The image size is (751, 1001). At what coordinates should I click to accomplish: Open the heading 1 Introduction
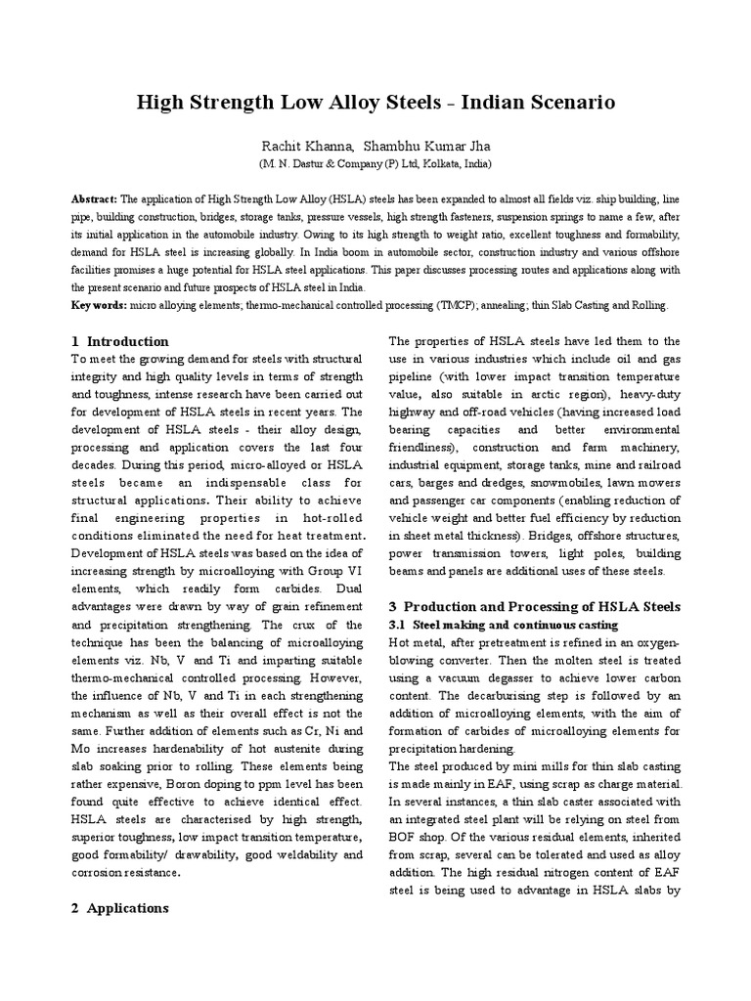pyautogui.click(x=120, y=341)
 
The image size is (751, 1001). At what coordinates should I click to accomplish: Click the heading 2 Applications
pyautogui.click(x=120, y=908)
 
